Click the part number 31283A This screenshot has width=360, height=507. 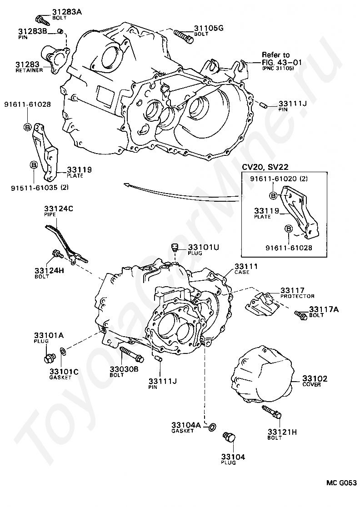[x=66, y=11]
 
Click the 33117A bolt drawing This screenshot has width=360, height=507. [x=300, y=314]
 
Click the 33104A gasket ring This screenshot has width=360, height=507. [x=212, y=427]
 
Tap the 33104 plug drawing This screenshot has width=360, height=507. [x=230, y=439]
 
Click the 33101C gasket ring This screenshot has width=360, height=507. [x=63, y=351]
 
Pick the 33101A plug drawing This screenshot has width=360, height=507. [x=47, y=359]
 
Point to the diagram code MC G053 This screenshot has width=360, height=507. [x=340, y=483]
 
